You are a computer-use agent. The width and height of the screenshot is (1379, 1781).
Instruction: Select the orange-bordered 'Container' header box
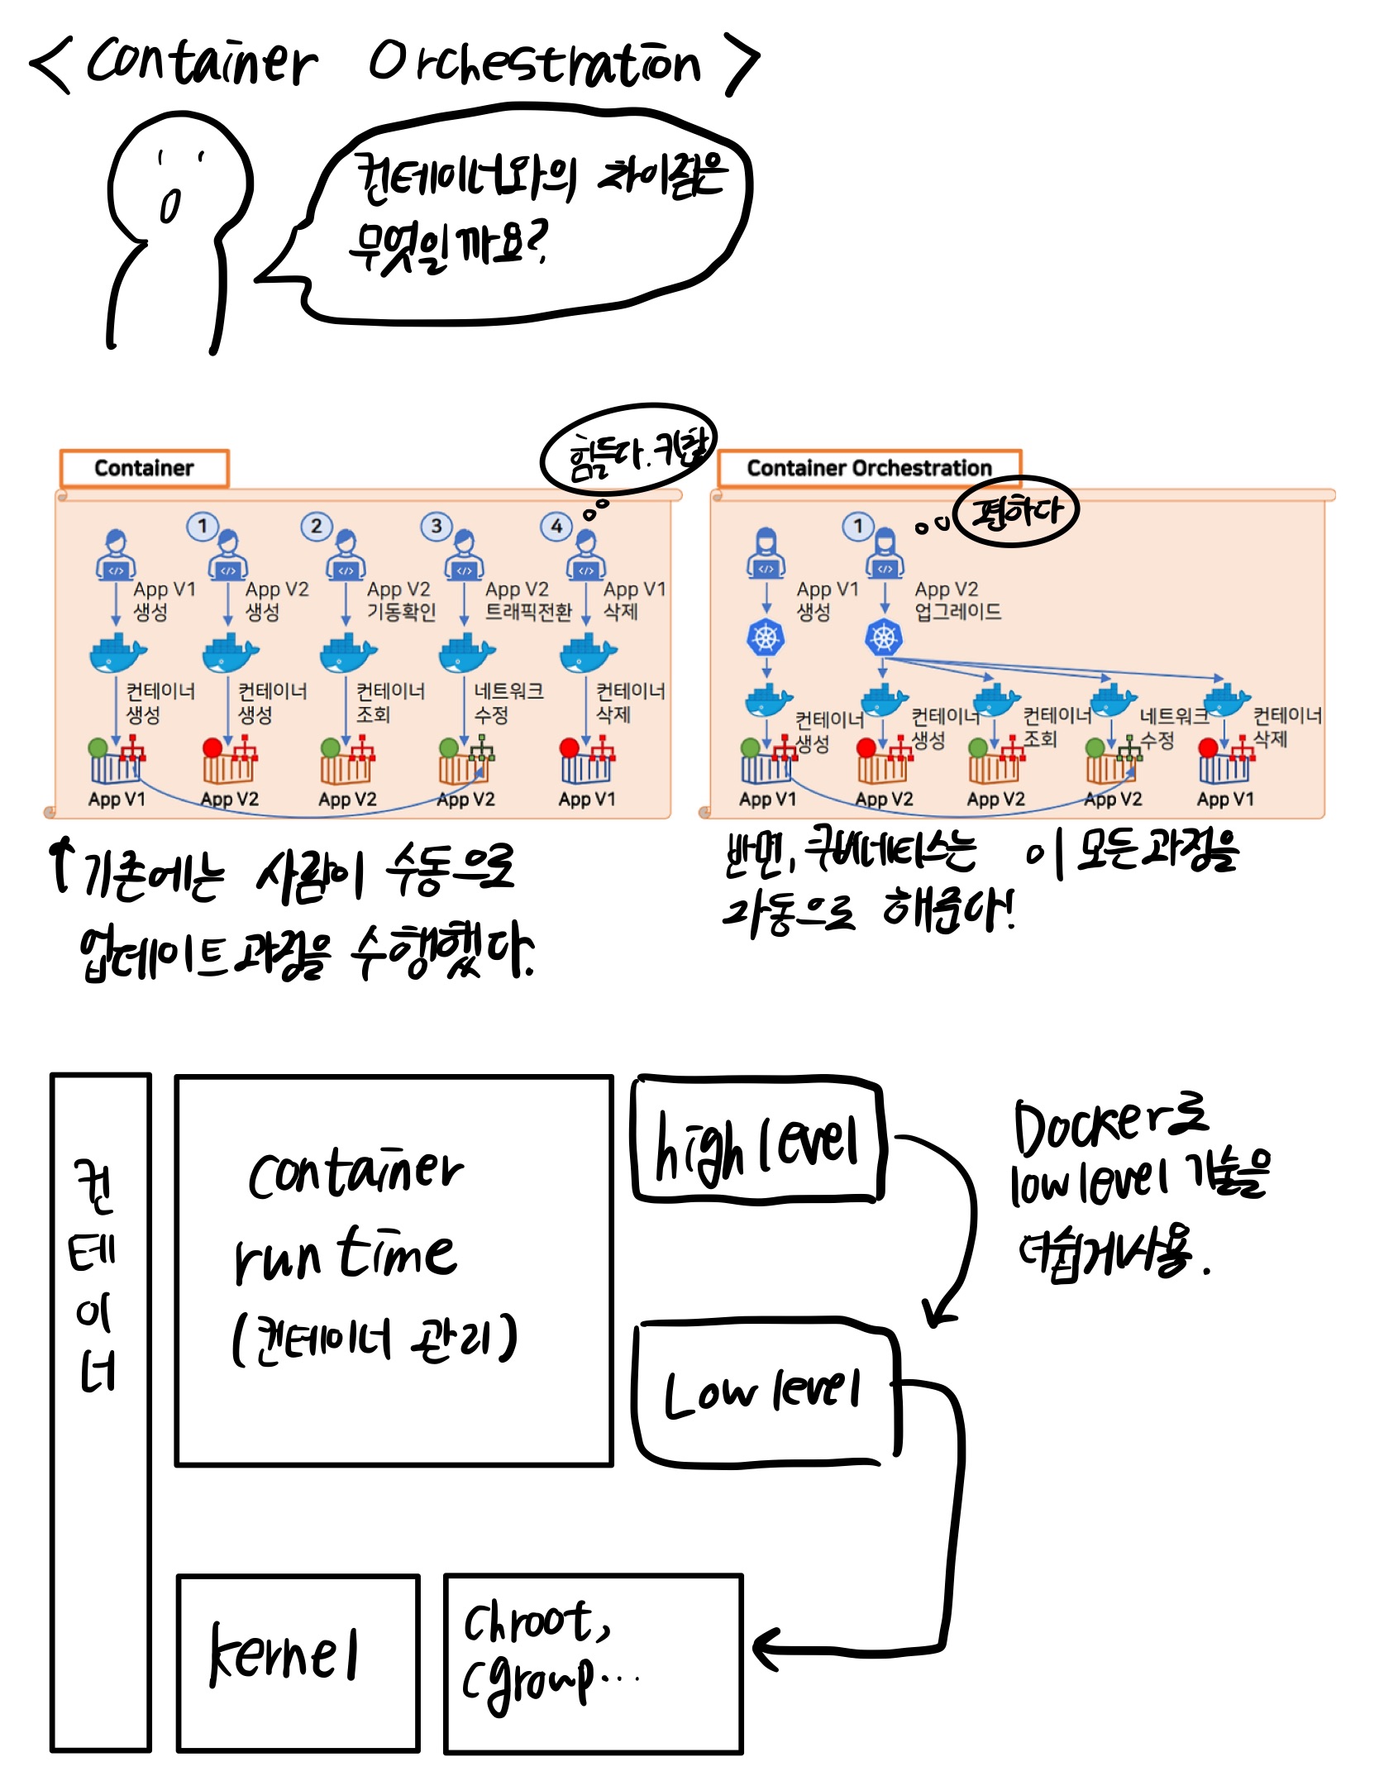(144, 468)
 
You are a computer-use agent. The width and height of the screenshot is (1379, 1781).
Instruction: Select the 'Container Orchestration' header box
(869, 468)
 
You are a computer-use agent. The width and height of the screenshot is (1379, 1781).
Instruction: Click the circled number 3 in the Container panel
(436, 526)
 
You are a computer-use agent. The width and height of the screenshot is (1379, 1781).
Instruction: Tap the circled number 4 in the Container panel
(556, 526)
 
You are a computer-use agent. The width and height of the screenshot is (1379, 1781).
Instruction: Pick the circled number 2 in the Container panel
(316, 526)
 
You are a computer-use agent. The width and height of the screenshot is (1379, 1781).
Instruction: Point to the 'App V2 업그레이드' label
(957, 600)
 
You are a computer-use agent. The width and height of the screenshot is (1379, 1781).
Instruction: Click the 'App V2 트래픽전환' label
(527, 600)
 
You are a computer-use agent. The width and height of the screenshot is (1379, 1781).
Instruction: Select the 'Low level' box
(765, 1395)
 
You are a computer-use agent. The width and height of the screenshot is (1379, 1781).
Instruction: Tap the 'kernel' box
(298, 1663)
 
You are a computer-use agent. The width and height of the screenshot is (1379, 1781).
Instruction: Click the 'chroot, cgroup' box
(593, 1663)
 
